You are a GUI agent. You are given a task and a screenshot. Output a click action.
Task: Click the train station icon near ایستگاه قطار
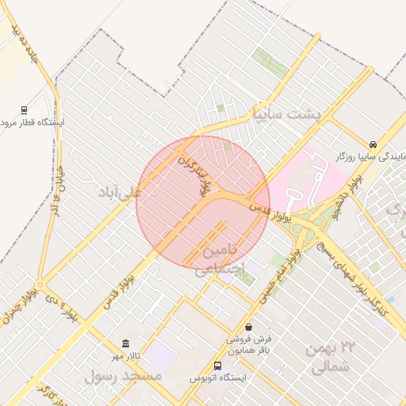[25, 110]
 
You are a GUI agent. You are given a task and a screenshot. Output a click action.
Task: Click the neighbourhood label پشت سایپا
[285, 113]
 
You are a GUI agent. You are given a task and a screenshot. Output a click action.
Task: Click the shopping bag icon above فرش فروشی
[249, 327]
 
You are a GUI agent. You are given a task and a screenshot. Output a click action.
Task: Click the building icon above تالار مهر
[125, 343]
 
